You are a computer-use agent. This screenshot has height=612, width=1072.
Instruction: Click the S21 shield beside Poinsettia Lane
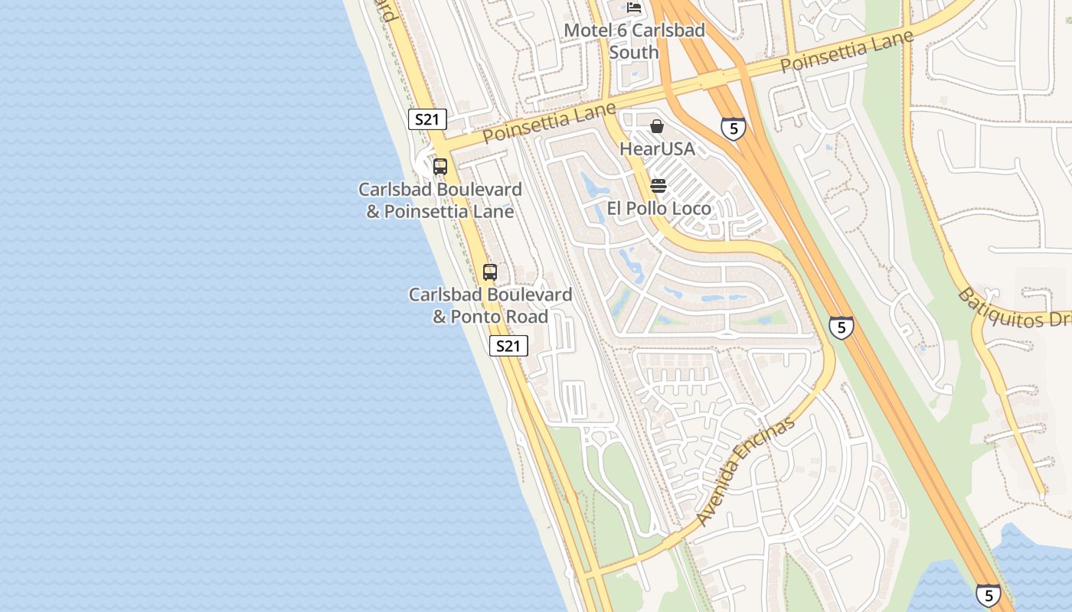[x=427, y=119]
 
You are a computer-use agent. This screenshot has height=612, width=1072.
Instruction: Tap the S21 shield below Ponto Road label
[x=508, y=346]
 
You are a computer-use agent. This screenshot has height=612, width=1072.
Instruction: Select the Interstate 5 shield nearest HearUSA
[x=733, y=129]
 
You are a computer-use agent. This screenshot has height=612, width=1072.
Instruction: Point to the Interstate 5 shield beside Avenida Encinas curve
[x=841, y=327]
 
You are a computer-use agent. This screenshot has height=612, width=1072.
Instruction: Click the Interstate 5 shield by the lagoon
[x=988, y=594]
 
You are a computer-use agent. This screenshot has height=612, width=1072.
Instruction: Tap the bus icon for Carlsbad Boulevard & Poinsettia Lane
[x=440, y=166]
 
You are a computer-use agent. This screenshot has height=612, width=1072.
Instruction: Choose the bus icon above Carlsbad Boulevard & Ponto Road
[x=490, y=272]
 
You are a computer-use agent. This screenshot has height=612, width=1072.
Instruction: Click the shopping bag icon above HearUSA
[x=657, y=126]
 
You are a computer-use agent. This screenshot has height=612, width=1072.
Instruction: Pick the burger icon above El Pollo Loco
[x=658, y=186]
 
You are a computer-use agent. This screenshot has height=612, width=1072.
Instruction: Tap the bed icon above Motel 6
[x=634, y=8]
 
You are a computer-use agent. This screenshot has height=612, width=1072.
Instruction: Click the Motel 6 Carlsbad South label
[x=634, y=41]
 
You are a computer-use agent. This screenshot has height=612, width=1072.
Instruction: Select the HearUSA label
[x=657, y=148]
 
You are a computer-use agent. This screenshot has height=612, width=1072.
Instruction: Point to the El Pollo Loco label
[x=659, y=208]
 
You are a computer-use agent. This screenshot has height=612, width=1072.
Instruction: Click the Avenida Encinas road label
[x=747, y=471]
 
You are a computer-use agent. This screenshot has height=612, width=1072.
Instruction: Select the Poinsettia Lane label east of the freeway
[x=847, y=51]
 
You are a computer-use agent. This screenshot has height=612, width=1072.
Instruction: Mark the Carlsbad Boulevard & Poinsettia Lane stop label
[x=440, y=200]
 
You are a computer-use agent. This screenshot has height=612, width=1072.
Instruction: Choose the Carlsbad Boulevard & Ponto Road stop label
[x=490, y=305]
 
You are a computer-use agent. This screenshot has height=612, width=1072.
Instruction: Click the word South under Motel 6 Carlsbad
[x=634, y=52]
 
